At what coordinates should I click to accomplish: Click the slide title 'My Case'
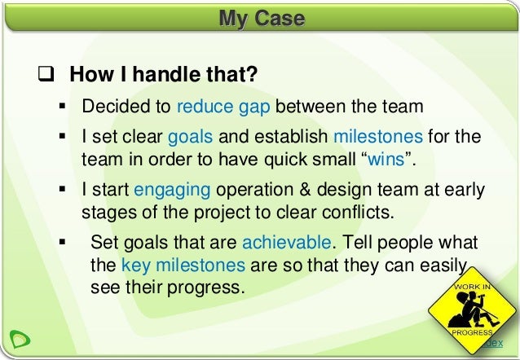[261, 19]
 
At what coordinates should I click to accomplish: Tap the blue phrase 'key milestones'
[183, 266]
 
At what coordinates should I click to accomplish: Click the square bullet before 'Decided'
[63, 106]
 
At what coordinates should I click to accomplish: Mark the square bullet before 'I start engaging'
[63, 189]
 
